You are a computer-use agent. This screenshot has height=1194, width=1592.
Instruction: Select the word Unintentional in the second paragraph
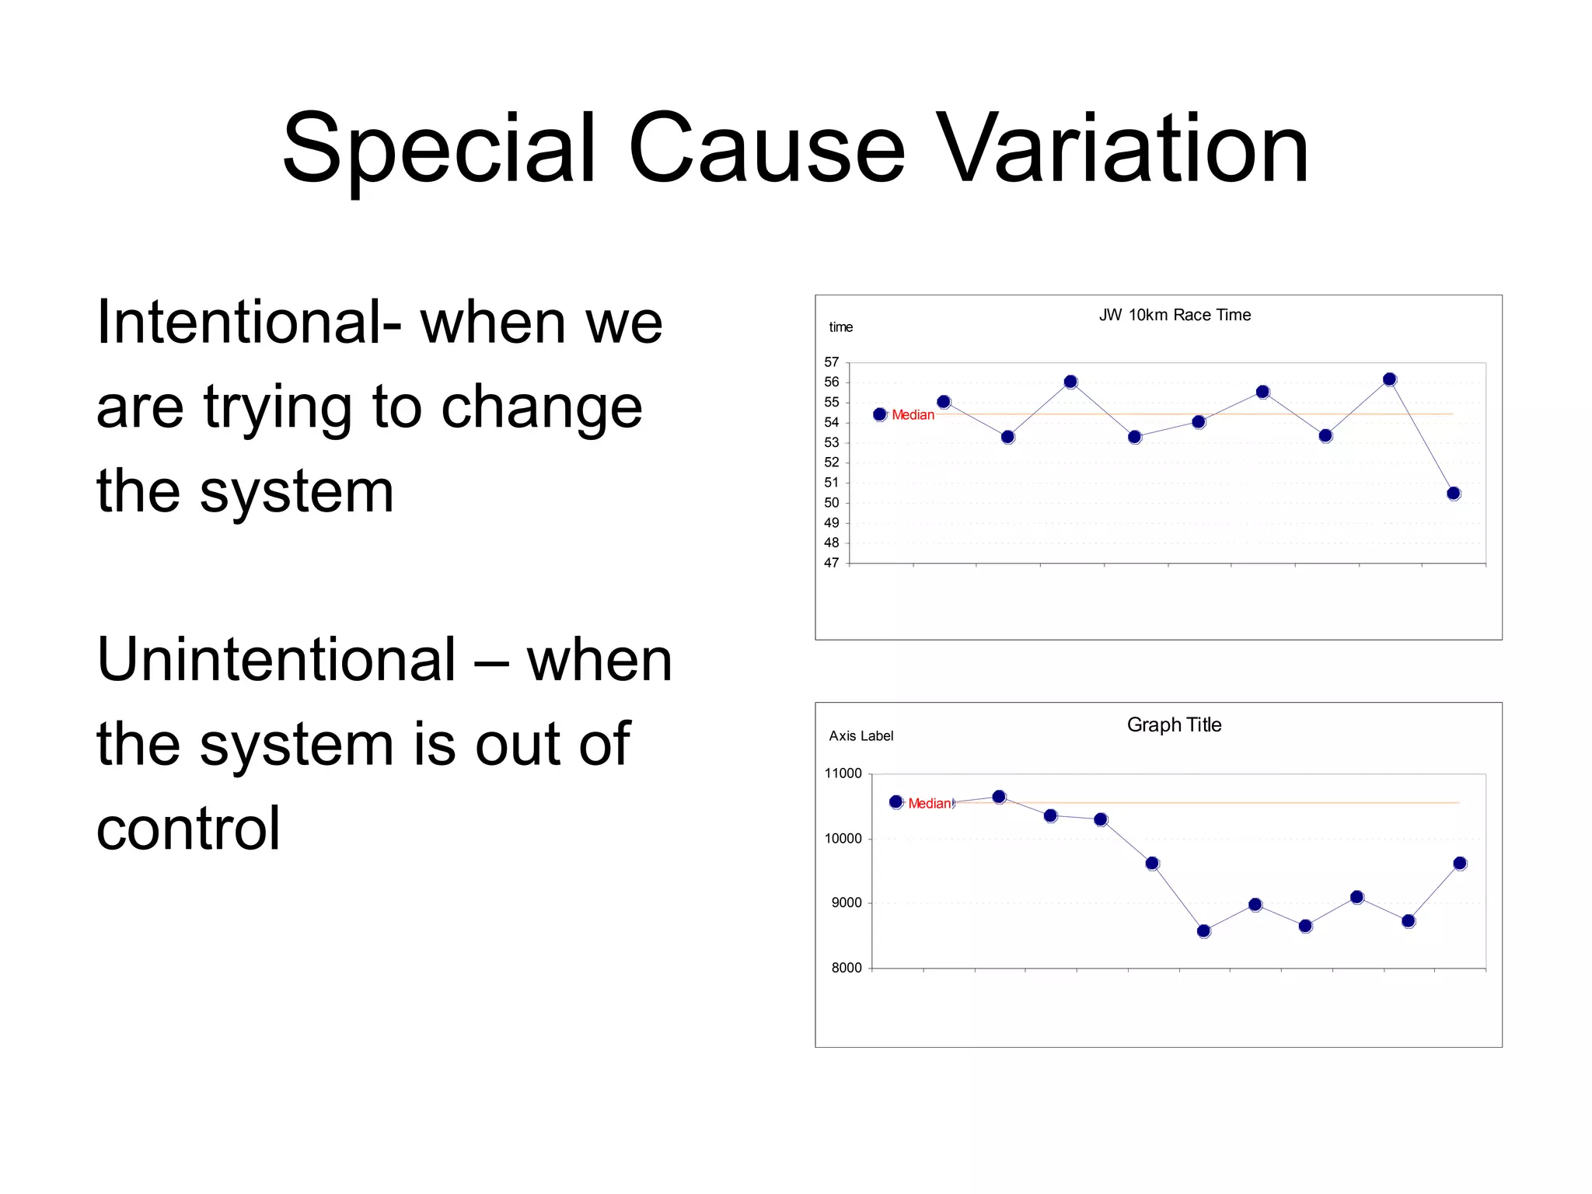coord(276,659)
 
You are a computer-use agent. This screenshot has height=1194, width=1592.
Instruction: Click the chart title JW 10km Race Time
coord(1175,315)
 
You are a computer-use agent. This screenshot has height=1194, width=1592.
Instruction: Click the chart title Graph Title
coord(1174,724)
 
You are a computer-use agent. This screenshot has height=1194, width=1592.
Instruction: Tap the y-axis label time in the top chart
coord(840,327)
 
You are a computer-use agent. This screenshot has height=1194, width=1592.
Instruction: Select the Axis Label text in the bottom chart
coord(861,736)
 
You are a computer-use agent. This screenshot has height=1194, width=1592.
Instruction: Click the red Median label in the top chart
coord(913,415)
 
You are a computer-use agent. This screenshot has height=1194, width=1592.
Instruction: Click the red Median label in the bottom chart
coord(929,804)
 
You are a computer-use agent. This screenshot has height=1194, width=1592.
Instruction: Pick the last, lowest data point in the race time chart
coord(1453,494)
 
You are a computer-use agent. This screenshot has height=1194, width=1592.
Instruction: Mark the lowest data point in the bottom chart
coord(1203,931)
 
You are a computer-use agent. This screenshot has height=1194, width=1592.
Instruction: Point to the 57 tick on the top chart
coord(832,362)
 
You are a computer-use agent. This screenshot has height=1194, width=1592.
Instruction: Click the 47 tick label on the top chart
coord(832,563)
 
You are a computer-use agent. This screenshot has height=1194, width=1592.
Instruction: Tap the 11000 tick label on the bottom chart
coord(843,773)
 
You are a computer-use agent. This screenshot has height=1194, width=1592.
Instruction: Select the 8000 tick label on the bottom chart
coord(847,968)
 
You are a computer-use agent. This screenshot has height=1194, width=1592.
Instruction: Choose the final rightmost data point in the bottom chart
coord(1459,864)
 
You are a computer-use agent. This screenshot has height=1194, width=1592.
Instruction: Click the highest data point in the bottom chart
coord(999,797)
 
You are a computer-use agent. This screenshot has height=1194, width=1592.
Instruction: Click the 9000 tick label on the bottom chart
coord(847,903)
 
